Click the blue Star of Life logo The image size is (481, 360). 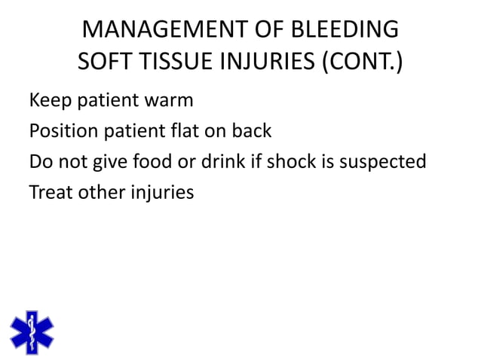click(x=32, y=331)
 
